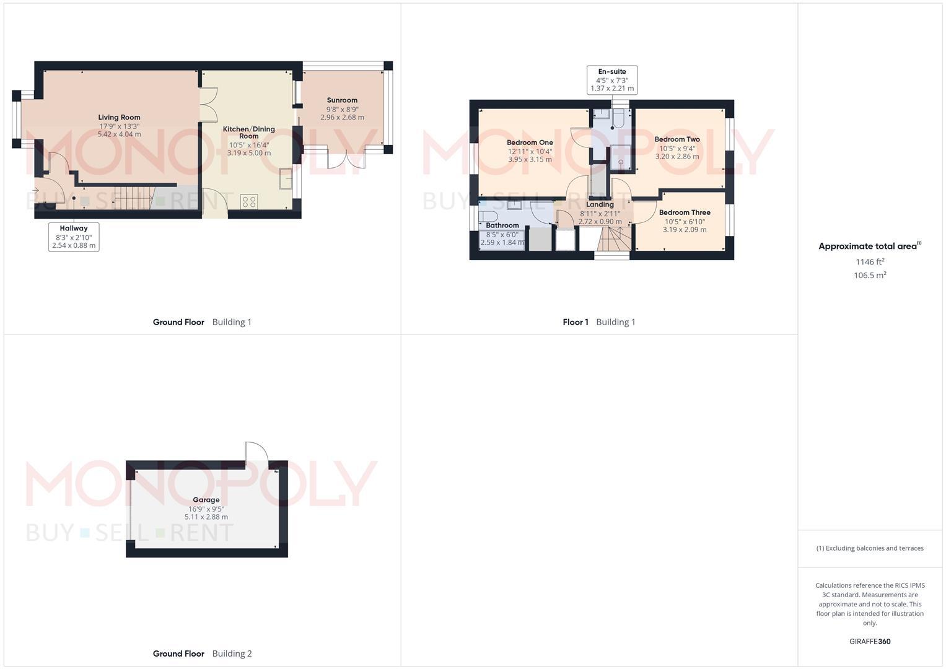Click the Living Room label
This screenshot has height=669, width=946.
(x=119, y=118)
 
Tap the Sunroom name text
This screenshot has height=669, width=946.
(x=342, y=100)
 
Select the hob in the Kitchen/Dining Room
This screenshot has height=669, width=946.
(x=250, y=201)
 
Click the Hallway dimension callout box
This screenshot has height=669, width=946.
(x=74, y=237)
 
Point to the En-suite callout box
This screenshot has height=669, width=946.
(x=612, y=80)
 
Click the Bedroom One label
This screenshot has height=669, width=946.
(x=530, y=142)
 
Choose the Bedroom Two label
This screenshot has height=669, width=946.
(x=677, y=139)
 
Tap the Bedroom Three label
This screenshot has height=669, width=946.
(x=685, y=212)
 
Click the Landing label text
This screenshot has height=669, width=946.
(x=600, y=204)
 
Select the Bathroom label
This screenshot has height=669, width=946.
(x=502, y=225)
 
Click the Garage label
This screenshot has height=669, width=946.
(x=206, y=500)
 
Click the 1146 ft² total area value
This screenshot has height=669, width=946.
(x=870, y=261)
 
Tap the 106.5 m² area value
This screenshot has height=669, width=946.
(x=870, y=276)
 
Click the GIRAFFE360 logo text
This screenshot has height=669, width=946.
(x=870, y=642)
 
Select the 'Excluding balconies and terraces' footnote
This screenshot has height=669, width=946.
(x=870, y=548)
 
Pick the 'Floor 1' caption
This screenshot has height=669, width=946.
(x=576, y=322)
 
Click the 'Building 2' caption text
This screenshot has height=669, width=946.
(x=232, y=654)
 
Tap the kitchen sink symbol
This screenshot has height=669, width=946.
(x=286, y=178)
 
